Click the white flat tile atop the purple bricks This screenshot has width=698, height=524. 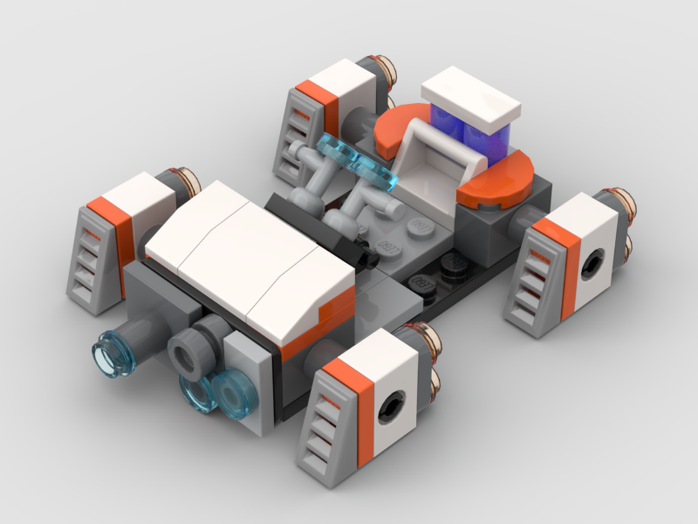[472, 95]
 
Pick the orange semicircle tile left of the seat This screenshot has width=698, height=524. [399, 125]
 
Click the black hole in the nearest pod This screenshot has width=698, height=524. [391, 405]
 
